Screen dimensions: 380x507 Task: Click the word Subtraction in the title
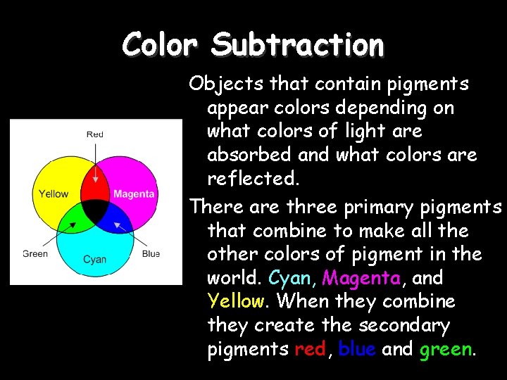coord(297,45)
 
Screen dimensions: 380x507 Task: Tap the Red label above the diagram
coord(94,134)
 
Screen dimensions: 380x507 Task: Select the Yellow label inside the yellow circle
coord(54,194)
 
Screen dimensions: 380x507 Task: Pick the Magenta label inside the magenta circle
coord(134,194)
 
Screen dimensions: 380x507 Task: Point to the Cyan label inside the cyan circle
coord(94,259)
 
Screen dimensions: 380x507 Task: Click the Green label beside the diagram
coord(35,253)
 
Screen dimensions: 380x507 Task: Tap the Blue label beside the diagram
coord(151,253)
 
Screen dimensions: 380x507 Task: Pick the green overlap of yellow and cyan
coord(73,220)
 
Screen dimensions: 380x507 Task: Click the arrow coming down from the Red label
coord(94,165)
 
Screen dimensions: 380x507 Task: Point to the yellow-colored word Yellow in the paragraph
coord(236,302)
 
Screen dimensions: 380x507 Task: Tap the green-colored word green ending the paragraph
coord(445,350)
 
